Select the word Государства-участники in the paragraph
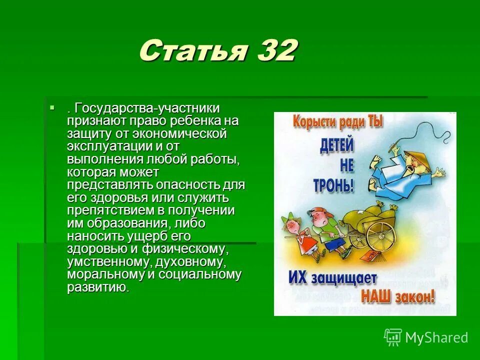(x=147, y=108)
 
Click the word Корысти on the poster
(x=314, y=121)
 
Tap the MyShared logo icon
(x=393, y=337)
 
